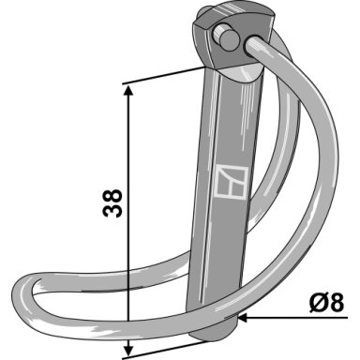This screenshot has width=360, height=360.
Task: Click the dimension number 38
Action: pyautogui.click(x=112, y=203)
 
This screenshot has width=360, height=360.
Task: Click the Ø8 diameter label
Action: pyautogui.click(x=327, y=303)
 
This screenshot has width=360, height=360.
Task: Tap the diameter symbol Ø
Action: pyautogui.click(x=319, y=303)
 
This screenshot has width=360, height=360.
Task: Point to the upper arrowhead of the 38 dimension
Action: pyautogui.click(x=128, y=90)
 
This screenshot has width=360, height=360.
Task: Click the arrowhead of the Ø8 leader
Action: pyautogui.click(x=244, y=319)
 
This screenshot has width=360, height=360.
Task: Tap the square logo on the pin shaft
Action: pyautogui.click(x=232, y=182)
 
